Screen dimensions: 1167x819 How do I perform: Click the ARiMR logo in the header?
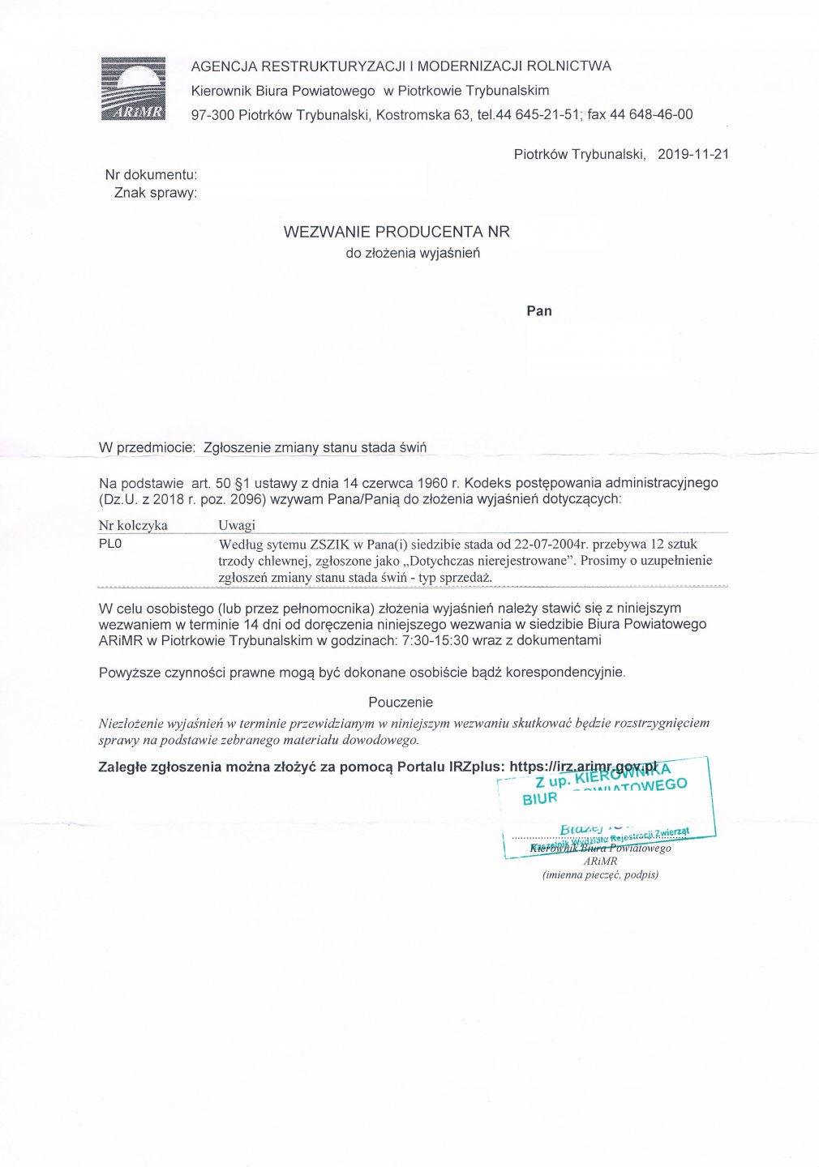coord(133,89)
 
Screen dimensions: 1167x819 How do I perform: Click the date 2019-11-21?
coord(693,154)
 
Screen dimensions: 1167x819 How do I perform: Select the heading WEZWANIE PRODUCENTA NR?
coord(397,232)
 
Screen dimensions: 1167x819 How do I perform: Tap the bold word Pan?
coord(539,310)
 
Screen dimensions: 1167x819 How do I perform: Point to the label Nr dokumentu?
coord(151,174)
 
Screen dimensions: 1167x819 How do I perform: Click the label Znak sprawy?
coord(155,193)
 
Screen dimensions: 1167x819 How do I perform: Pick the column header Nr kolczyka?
coord(133,525)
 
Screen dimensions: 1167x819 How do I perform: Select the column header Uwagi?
coord(237,525)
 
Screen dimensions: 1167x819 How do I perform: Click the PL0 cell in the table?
coord(110,544)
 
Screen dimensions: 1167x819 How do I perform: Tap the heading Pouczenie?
coord(401,702)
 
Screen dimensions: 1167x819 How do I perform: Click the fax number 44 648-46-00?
coord(651,114)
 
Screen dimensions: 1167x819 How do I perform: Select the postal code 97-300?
coord(212,114)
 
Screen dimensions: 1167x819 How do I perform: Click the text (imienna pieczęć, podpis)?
coord(600,874)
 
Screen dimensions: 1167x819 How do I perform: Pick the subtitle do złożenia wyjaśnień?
coord(413,253)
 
